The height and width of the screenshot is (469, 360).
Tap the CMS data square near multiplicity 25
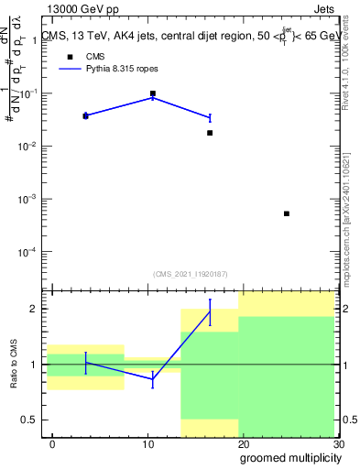pyautogui.click(x=287, y=213)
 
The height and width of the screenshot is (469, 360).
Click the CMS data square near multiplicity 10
pyautogui.click(x=153, y=93)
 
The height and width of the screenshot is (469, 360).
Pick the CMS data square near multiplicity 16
pyautogui.click(x=210, y=133)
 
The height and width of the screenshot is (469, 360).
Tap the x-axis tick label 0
pyautogui.click(x=52, y=444)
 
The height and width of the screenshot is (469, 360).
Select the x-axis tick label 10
pyautogui.click(x=147, y=444)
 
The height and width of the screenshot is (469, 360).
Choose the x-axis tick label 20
pyautogui.click(x=243, y=444)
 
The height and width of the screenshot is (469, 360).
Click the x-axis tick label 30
pyautogui.click(x=338, y=444)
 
